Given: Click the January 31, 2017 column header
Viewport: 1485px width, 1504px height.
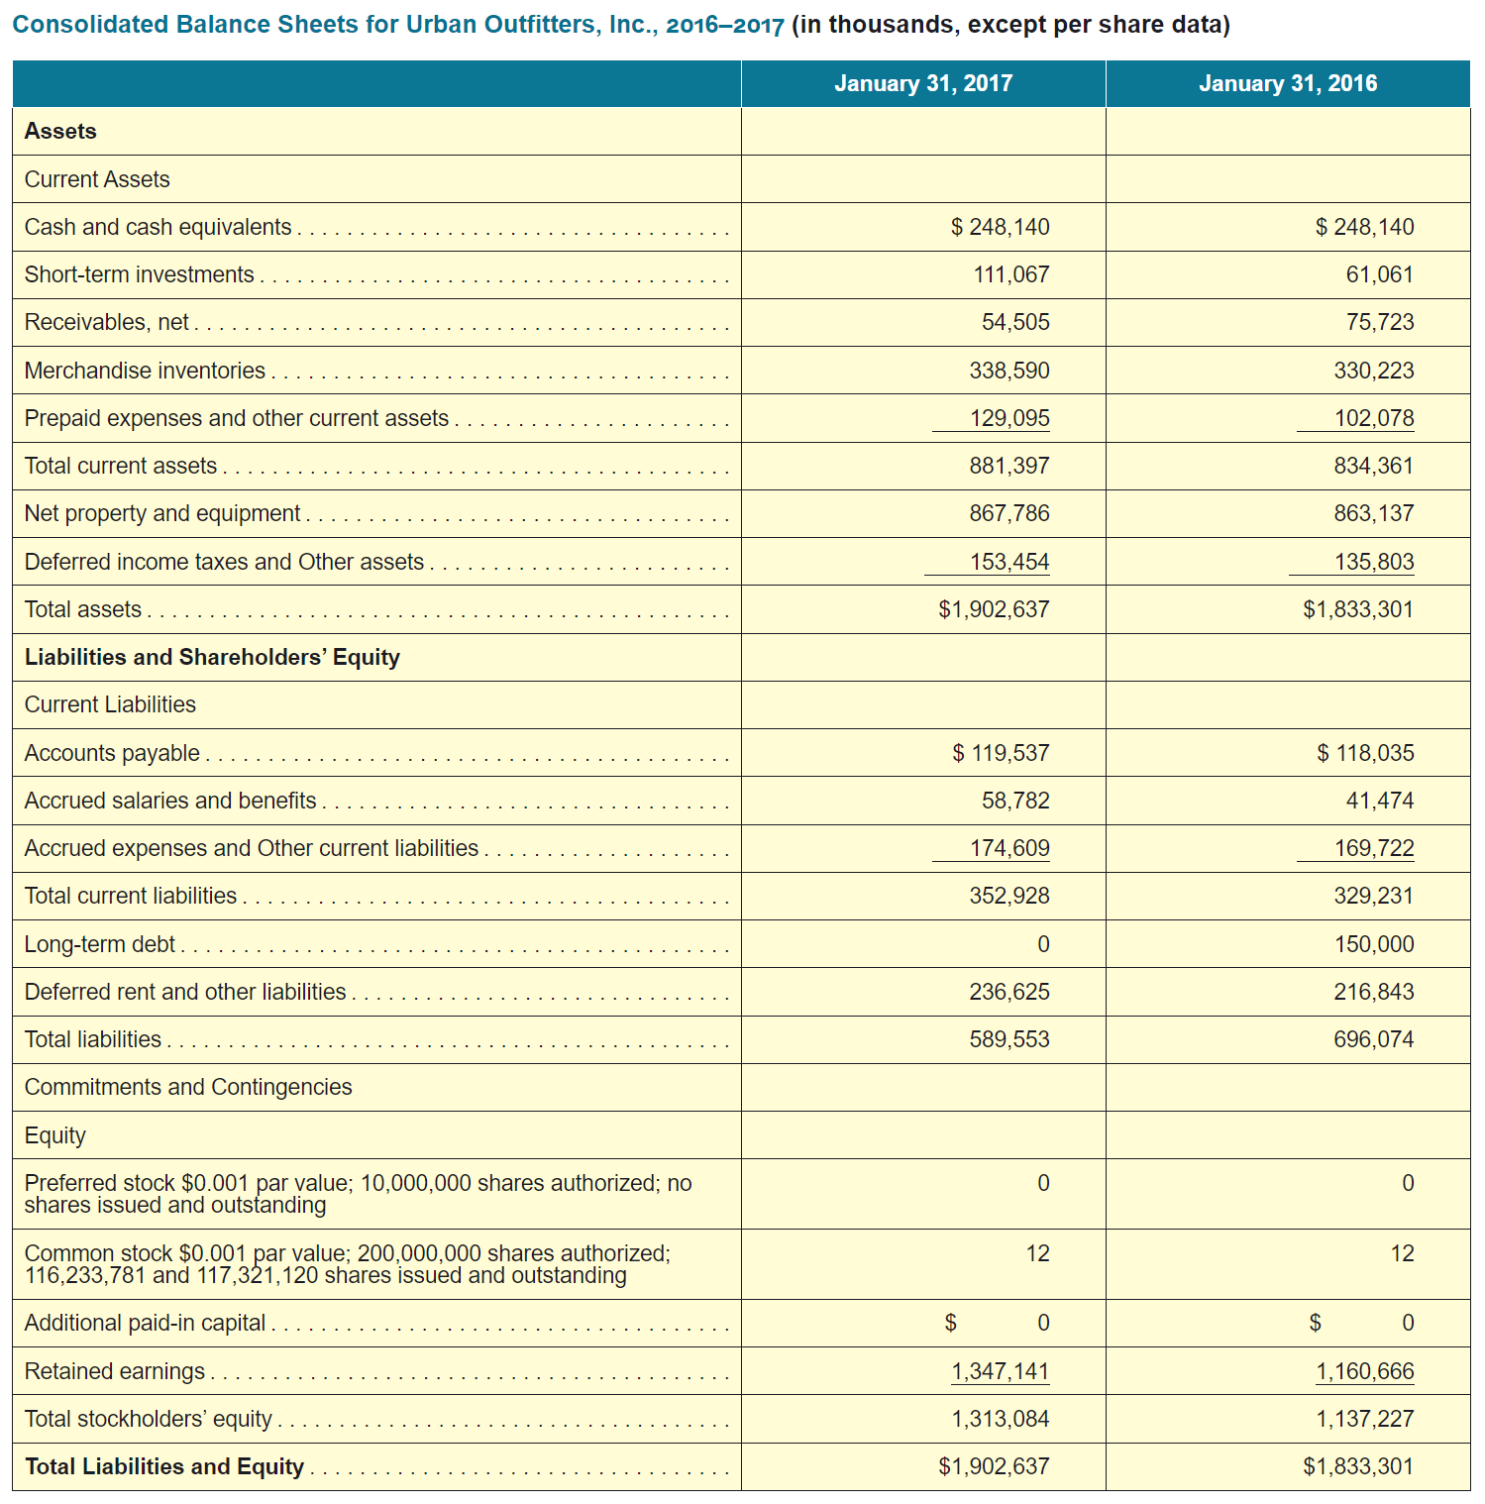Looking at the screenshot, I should [x=922, y=83].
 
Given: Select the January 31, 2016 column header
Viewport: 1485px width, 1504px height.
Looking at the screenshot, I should [x=1287, y=83].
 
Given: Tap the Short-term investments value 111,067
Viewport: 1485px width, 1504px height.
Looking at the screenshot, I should [x=1010, y=274].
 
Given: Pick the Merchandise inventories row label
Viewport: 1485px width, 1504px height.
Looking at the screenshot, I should [x=145, y=371].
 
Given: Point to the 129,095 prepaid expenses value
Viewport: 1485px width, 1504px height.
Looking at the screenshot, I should [x=1009, y=418].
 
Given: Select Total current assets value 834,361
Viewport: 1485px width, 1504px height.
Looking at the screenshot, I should [x=1373, y=466].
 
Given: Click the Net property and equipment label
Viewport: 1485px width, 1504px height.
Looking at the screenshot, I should [x=162, y=513].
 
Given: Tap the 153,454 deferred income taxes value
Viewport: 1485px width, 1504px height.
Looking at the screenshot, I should [x=1008, y=562].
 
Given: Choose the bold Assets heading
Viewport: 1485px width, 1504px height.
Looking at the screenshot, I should [x=60, y=131].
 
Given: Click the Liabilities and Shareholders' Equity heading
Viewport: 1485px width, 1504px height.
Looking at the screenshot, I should [x=212, y=657].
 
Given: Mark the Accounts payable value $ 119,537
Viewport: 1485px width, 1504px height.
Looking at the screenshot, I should [x=1001, y=753].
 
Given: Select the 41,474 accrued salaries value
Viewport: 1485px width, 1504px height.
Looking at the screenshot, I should [x=1379, y=801].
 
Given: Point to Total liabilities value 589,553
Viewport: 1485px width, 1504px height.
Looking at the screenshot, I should [x=1008, y=1039].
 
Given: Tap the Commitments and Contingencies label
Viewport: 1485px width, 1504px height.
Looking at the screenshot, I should [x=188, y=1087].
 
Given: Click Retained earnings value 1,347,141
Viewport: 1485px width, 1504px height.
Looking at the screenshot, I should [x=1000, y=1371].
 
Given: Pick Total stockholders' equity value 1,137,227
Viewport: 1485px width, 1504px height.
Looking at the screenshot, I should [x=1364, y=1419].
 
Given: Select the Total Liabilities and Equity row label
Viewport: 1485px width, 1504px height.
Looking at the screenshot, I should [x=164, y=1466].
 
